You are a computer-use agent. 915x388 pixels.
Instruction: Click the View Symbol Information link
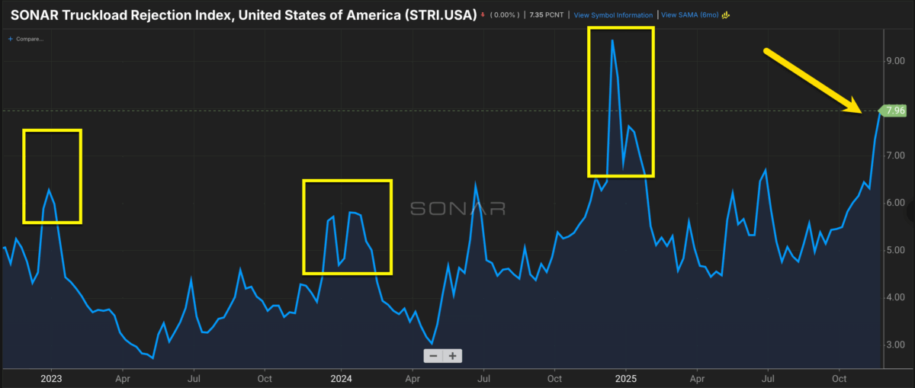coord(613,15)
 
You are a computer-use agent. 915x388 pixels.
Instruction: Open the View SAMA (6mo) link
coord(691,15)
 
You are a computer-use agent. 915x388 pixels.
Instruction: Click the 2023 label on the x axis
coord(51,378)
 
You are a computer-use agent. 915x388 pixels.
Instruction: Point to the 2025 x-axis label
coord(626,378)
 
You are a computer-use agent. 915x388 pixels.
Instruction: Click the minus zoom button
coord(433,356)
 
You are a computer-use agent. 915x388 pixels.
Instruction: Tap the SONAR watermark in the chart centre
coord(457,209)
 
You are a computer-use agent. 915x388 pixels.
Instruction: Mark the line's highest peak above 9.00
coord(612,40)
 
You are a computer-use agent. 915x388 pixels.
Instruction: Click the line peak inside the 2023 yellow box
coord(49,189)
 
